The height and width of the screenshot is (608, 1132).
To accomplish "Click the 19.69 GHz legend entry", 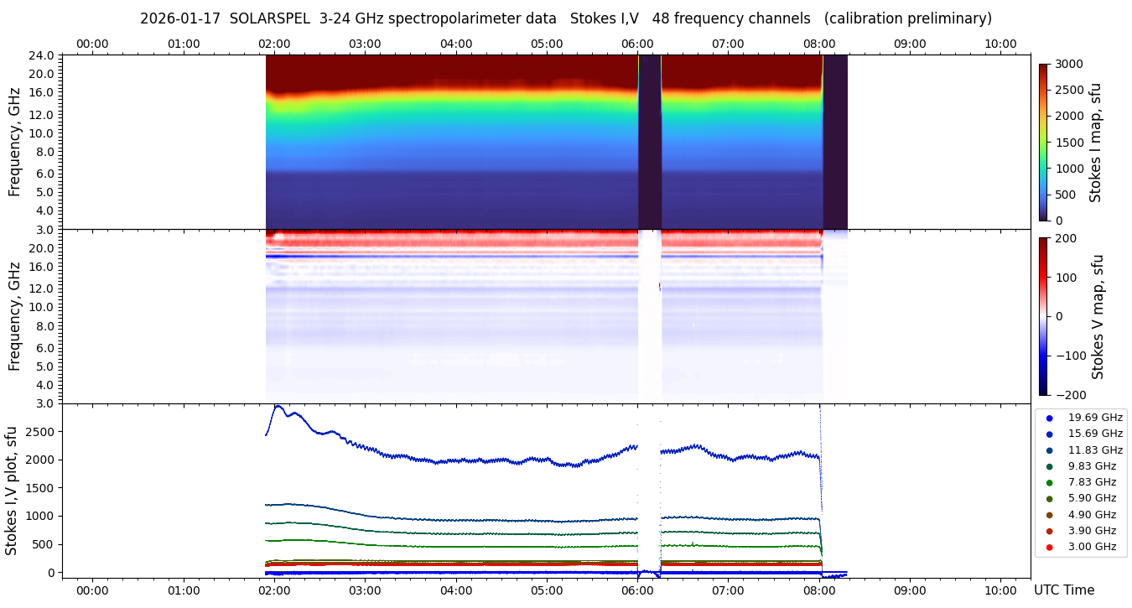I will (x=1094, y=418).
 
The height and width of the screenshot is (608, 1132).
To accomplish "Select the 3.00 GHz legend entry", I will (x=1092, y=547).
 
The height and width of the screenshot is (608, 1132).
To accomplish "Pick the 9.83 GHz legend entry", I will (x=1092, y=466).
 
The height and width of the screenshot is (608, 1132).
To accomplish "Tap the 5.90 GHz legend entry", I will (x=1092, y=499).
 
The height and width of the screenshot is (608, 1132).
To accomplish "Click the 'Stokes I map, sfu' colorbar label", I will (x=1095, y=143).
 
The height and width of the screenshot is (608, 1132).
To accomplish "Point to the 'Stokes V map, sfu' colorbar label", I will (x=1098, y=317).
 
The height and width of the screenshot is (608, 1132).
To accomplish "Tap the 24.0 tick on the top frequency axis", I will (x=43, y=55).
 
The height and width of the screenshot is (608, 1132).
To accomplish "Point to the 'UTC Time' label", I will (x=1063, y=590).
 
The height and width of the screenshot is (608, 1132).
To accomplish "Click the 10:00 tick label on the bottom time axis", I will (x=1000, y=590).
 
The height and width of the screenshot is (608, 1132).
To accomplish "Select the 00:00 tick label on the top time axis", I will (x=92, y=44).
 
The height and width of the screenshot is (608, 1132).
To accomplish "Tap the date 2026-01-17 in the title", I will (x=179, y=18).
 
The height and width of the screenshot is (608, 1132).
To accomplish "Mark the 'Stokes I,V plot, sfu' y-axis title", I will (x=12, y=491).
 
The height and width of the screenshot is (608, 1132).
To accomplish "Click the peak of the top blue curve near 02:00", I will (x=278, y=407).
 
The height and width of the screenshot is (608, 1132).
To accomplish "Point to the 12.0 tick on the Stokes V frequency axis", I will (x=43, y=288).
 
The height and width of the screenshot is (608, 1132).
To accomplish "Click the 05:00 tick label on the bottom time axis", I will (x=547, y=590).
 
